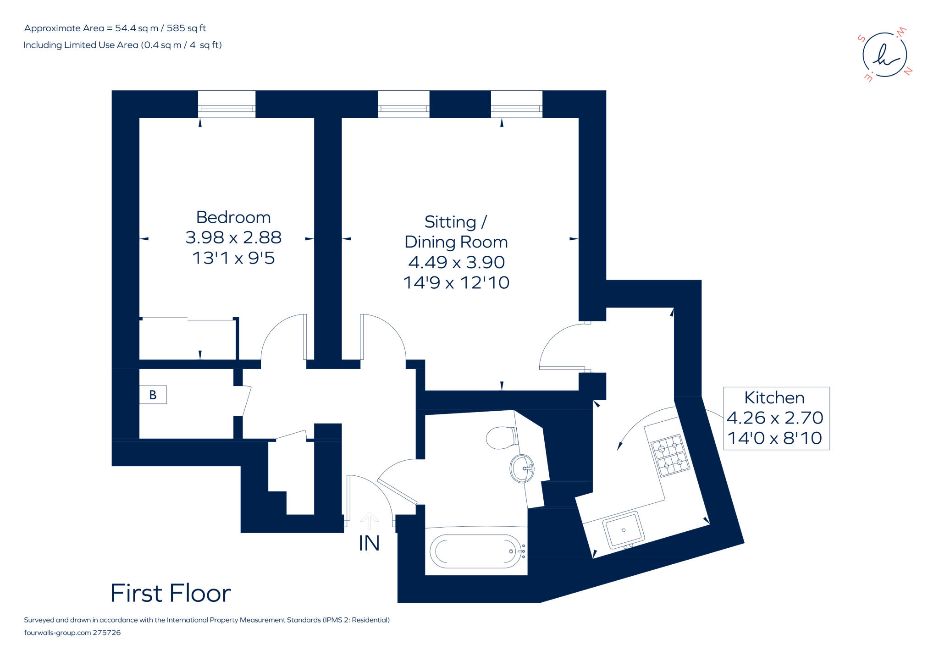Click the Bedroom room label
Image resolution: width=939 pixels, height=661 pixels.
point(233,217)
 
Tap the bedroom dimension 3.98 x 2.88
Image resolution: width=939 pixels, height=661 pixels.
point(233,237)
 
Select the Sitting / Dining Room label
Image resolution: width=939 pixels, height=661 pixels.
point(456,232)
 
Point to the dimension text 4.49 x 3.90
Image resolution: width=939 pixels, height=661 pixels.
point(456,262)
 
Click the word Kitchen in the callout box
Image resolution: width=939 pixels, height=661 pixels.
point(774,398)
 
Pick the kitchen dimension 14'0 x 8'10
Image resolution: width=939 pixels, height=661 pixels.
point(775,438)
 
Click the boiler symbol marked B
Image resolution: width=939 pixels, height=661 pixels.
point(153,395)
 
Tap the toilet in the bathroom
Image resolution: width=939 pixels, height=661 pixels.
point(501,438)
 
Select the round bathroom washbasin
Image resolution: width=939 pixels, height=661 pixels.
point(522,468)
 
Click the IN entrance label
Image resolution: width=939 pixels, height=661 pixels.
point(369,544)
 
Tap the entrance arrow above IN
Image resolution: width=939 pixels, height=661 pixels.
point(369,520)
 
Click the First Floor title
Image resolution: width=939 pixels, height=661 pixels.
point(171,593)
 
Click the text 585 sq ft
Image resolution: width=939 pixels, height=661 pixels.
point(186,28)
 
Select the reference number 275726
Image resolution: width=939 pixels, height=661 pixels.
point(107,633)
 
